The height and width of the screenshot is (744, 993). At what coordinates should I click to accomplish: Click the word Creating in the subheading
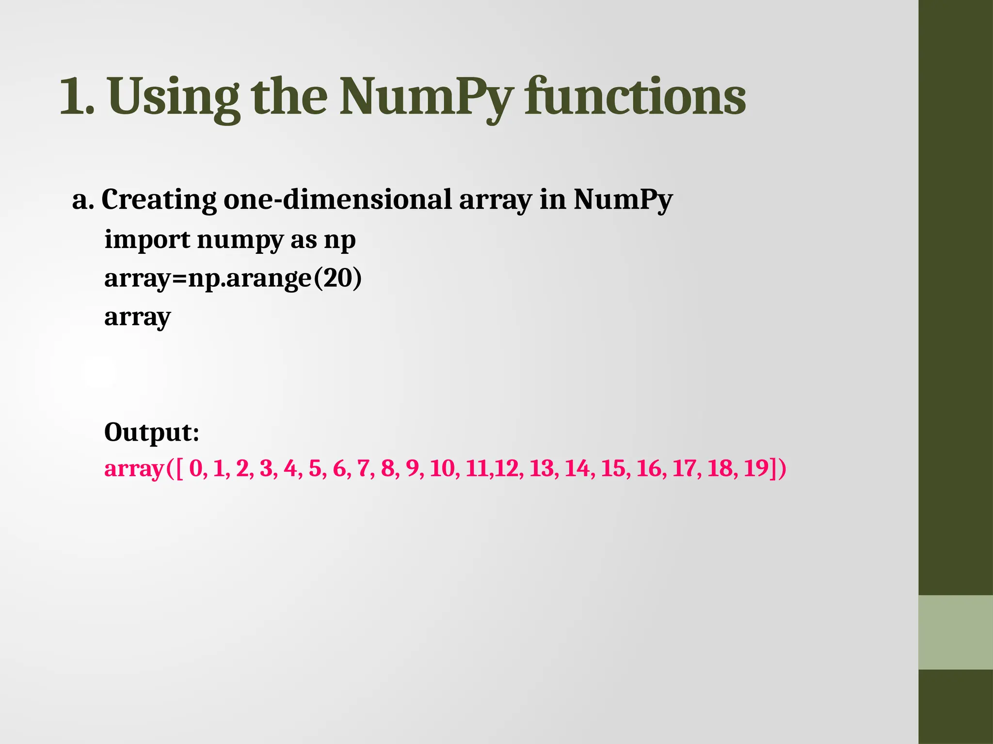(x=159, y=200)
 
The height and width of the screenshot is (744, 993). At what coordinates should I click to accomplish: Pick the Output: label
(x=152, y=432)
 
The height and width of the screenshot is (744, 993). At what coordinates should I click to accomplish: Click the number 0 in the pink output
(x=195, y=469)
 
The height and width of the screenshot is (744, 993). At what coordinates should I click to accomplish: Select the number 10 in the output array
(x=442, y=469)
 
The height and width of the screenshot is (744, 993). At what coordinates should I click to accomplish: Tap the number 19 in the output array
(x=756, y=469)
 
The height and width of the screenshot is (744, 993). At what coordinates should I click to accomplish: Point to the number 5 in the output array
(x=315, y=469)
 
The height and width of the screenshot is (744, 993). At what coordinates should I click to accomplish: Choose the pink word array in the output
(x=134, y=469)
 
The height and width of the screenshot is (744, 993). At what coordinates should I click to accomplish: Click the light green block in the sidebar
(x=956, y=632)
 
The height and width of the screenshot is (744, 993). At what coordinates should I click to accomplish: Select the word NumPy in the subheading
(x=623, y=200)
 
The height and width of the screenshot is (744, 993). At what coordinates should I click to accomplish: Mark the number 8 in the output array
(x=387, y=469)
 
